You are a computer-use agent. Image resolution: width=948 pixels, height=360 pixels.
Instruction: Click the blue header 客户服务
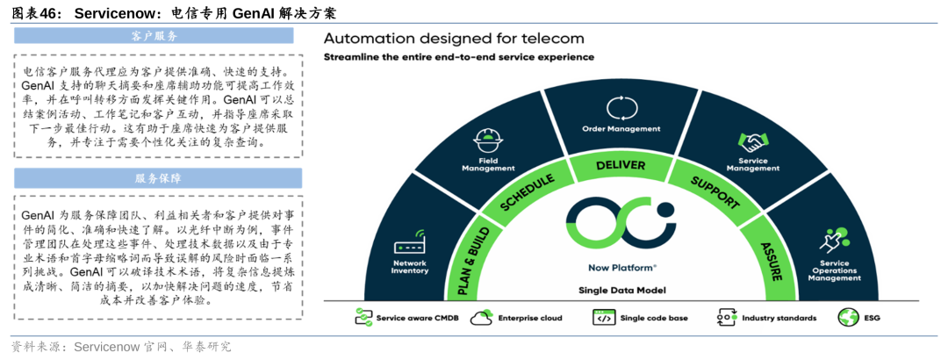click(x=157, y=37)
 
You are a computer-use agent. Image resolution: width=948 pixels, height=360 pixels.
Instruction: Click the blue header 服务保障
click(x=157, y=178)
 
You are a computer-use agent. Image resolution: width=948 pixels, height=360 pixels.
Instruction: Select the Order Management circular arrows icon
click(x=621, y=108)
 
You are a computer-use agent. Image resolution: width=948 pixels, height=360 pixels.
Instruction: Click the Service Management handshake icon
click(x=752, y=140)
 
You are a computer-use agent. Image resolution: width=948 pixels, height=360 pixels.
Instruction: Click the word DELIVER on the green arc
click(x=621, y=165)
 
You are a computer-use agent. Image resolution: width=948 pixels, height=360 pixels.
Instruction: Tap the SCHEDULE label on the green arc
click(x=527, y=193)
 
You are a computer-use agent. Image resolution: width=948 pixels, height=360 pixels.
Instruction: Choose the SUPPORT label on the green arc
click(x=714, y=193)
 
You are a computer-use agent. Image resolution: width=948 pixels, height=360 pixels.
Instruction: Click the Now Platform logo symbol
click(x=621, y=221)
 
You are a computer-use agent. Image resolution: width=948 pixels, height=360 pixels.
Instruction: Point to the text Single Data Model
click(x=621, y=290)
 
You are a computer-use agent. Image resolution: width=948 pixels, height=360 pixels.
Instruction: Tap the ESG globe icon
click(x=848, y=317)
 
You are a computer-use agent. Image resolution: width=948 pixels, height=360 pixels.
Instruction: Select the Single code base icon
click(x=604, y=317)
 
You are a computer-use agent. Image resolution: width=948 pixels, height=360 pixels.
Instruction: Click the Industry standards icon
click(x=725, y=317)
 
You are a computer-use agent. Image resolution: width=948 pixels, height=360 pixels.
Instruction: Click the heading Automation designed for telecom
click(x=453, y=39)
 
